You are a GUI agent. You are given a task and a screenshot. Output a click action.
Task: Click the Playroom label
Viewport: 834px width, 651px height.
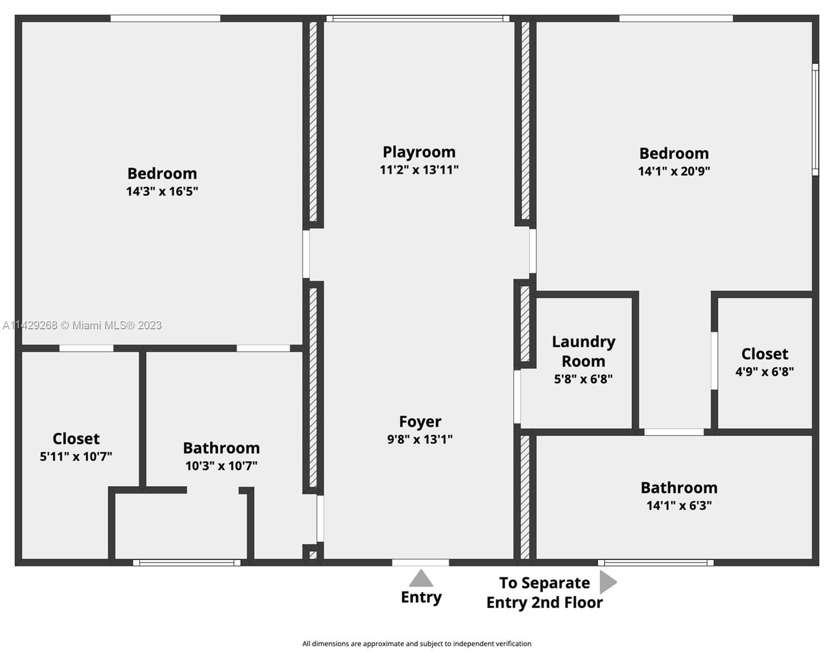coord(419,152)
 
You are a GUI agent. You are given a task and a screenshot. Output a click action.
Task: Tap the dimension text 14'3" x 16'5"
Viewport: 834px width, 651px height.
coord(162,191)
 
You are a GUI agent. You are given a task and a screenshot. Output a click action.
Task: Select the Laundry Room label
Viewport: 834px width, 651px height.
coord(583,351)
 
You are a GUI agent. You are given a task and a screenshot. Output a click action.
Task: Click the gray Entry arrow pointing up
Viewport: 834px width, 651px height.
coord(421,578)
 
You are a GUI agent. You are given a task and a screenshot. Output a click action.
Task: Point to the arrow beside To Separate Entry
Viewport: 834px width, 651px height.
coord(608,582)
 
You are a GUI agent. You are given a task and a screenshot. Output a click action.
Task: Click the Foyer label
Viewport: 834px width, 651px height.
coord(420,422)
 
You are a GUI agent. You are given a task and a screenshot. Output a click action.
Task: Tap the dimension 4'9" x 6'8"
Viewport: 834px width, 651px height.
coord(764,372)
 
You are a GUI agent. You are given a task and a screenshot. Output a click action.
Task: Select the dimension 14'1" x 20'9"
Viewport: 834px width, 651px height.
coord(674,171)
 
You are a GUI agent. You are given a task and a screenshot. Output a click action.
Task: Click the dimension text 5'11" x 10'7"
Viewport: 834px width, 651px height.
coord(76,456)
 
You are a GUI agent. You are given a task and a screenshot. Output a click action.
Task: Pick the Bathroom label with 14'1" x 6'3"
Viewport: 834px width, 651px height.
coord(679,488)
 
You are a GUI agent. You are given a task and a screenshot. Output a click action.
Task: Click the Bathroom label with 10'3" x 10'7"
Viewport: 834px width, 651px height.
coord(221,448)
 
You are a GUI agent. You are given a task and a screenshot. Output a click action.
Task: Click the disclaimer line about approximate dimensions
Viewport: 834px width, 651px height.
coord(416,643)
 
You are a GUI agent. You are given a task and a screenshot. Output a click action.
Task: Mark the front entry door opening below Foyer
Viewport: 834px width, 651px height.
coord(421,563)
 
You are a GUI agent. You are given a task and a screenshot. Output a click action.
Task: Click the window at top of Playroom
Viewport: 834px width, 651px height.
coord(418,19)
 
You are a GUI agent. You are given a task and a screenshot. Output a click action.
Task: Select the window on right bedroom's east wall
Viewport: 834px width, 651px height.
coord(814,119)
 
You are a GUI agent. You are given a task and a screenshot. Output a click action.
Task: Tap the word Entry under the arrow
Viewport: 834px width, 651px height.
coord(421,597)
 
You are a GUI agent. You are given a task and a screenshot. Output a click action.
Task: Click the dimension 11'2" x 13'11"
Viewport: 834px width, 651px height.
coord(419,170)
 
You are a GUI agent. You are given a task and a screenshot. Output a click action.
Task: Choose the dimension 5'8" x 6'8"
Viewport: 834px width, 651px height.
coord(583,379)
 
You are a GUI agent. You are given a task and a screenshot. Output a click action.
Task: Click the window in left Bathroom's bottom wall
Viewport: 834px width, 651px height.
coord(187,563)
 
